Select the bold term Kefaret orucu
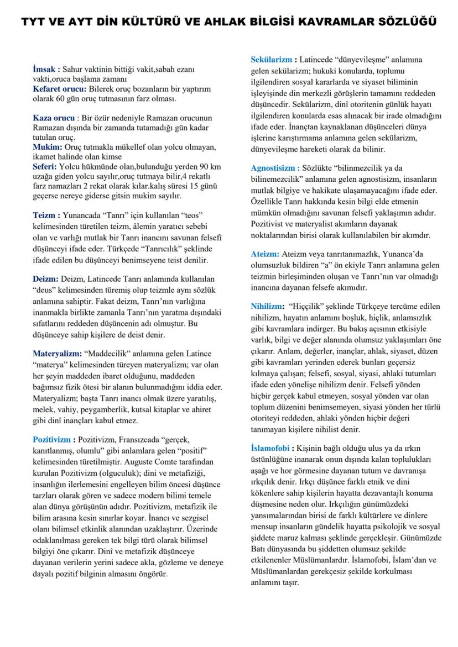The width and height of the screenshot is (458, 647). (59, 89)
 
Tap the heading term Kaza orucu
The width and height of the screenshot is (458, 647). (53, 118)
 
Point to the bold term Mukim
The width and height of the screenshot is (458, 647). (47, 147)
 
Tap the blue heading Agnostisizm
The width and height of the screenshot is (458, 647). (275, 167)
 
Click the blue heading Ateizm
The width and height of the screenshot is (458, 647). (265, 254)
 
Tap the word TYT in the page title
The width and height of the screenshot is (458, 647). (34, 23)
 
